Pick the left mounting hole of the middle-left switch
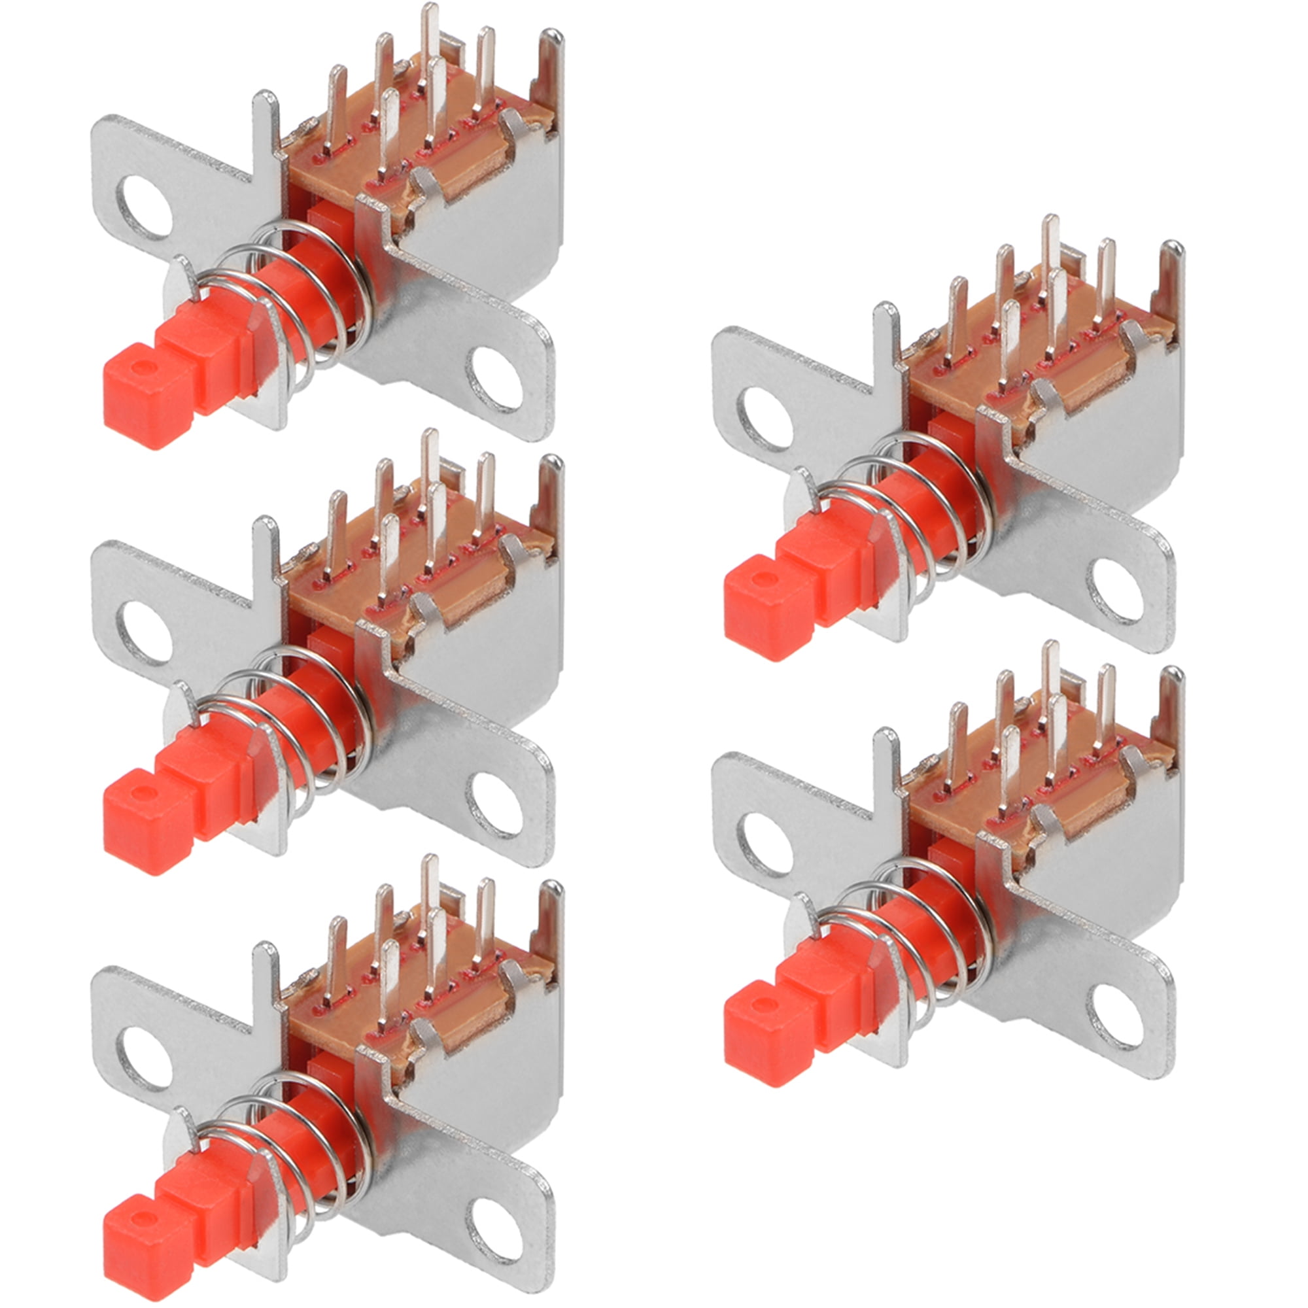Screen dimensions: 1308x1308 tap(145, 632)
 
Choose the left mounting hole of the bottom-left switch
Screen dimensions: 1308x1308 tap(145, 1057)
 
